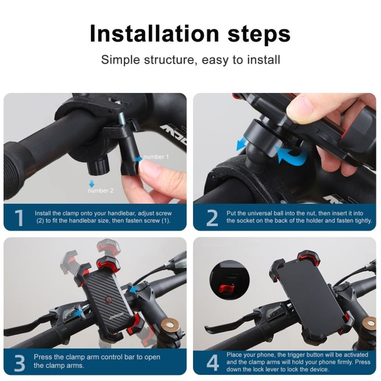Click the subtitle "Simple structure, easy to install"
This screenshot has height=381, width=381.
coord(190,60)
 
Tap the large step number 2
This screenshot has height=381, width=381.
coord(211,218)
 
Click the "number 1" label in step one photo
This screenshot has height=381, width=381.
coord(156,157)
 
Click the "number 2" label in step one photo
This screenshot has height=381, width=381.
coord(100,190)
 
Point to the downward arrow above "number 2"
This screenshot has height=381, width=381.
coord(91,184)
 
